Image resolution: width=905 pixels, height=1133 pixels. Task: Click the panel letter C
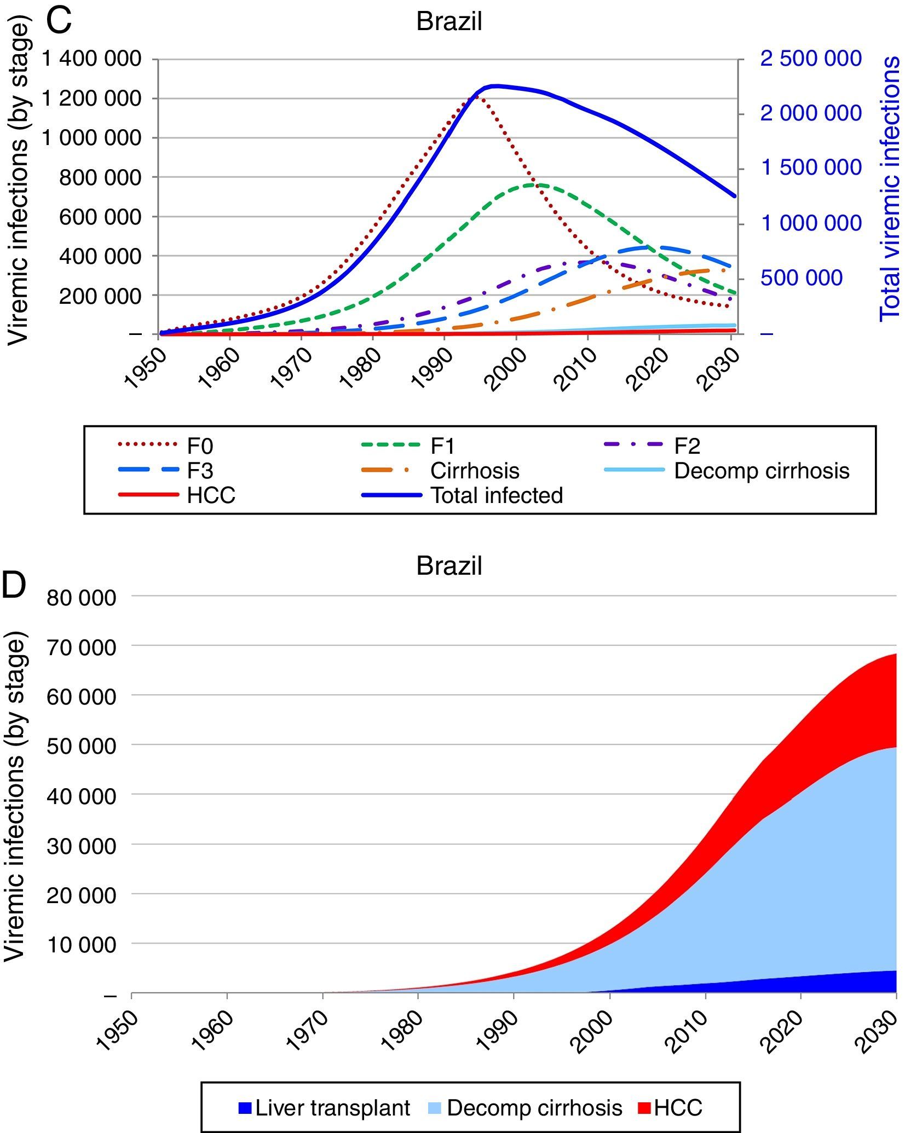point(59,21)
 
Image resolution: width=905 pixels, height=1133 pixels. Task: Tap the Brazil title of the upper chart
point(449,22)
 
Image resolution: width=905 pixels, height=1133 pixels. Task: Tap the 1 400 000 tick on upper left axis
point(91,59)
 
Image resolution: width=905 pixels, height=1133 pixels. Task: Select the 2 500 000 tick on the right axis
point(811,59)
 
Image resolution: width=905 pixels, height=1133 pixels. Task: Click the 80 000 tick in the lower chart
point(81,597)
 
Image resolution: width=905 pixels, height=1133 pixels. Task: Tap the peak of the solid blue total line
point(495,85)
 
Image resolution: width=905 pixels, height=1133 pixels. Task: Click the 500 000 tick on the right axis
point(802,278)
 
